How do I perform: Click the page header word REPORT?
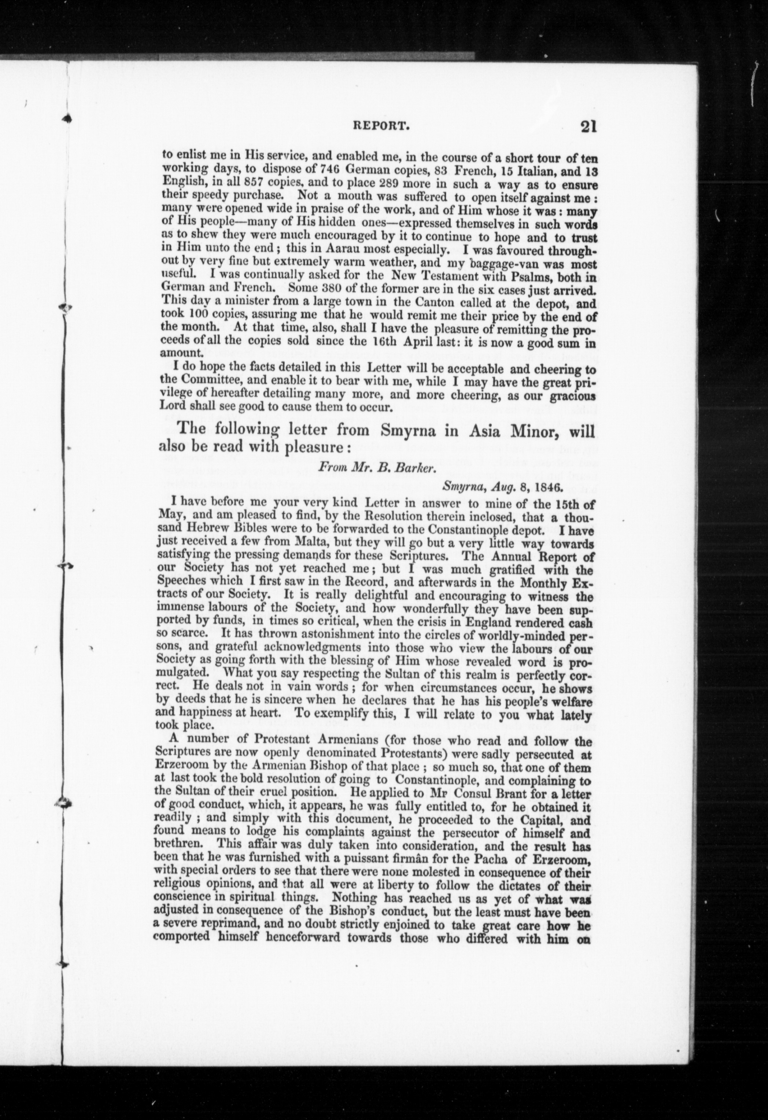click(381, 127)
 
